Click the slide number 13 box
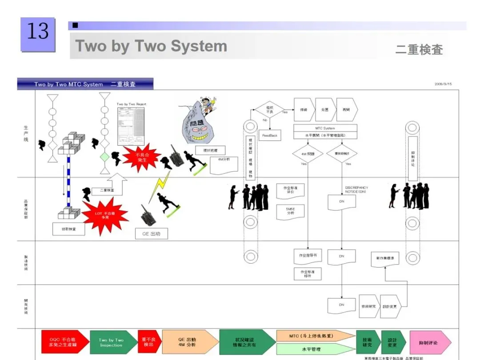[x=38, y=34]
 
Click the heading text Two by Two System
[x=151, y=46]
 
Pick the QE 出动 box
[x=152, y=234]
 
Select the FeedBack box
[x=269, y=135]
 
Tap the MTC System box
[x=326, y=128]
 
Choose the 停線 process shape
[x=304, y=109]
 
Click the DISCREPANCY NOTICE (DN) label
[x=356, y=189]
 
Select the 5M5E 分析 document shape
[x=290, y=211]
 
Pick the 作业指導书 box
[x=308, y=256]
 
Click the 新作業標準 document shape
[x=385, y=259]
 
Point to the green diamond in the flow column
[x=104, y=157]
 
